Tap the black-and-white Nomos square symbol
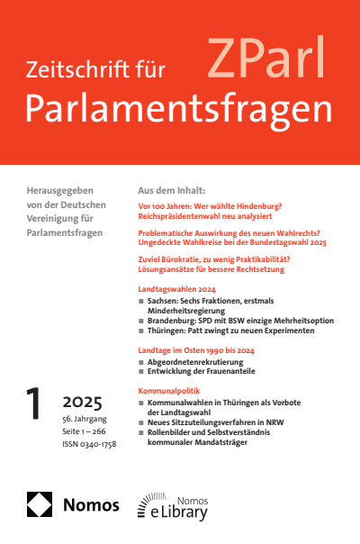tap(40, 503)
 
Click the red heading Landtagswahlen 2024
tap(175, 288)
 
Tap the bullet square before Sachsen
tap(140, 300)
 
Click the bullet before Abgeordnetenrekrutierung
tap(140, 362)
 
